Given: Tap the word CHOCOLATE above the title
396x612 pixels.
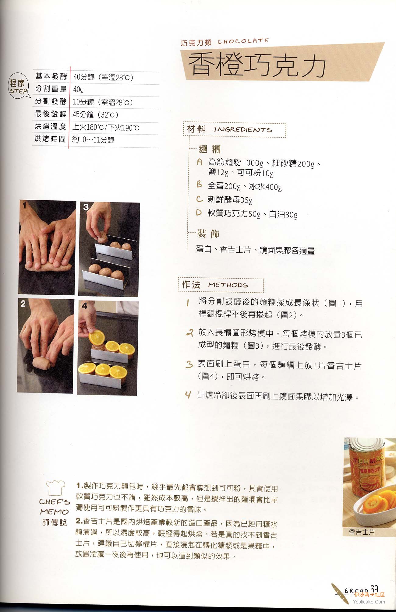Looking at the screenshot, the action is [243, 41].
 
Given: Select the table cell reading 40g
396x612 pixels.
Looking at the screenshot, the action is [78, 89].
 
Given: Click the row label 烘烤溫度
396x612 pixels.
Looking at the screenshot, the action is [50, 126].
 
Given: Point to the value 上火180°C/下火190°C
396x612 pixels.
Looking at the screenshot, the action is [106, 127].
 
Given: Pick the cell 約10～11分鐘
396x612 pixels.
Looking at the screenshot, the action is [93, 140].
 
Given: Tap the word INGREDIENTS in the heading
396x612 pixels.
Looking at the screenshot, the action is [242, 129].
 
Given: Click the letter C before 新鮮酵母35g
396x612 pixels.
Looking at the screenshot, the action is [200, 199].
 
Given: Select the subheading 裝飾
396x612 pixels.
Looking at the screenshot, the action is [208, 234].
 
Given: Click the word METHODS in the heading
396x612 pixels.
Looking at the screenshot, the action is [228, 285].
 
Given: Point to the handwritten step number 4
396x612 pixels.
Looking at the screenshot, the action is [188, 395].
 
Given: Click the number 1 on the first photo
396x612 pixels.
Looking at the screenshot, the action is [24, 206].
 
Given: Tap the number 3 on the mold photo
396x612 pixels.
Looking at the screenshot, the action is [86, 207].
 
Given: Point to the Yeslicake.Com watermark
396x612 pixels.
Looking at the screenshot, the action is [369, 602].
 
